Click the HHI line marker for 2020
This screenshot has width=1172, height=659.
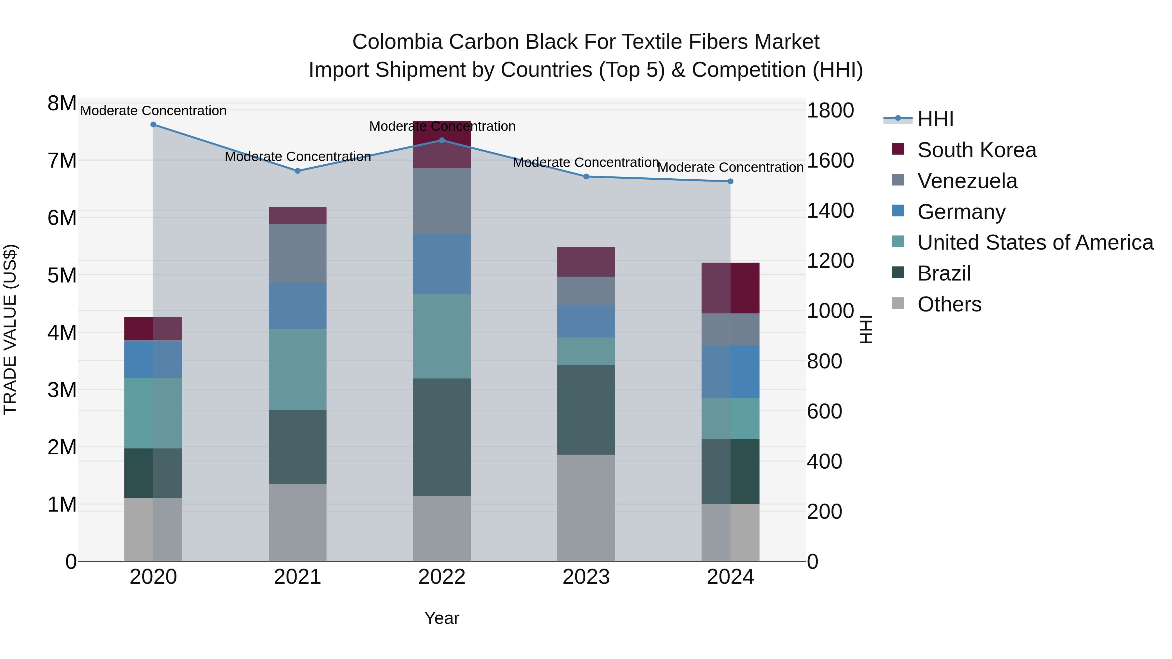point(153,125)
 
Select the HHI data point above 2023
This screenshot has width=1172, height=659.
point(586,176)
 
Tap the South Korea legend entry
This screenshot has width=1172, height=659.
point(976,150)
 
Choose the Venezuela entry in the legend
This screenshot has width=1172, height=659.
point(967,181)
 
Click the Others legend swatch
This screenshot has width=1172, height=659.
point(898,303)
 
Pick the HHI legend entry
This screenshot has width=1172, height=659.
point(935,119)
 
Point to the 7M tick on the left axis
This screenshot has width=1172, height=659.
point(62,160)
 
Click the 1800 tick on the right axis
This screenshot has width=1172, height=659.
point(830,111)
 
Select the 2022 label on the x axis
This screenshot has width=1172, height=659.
point(441,577)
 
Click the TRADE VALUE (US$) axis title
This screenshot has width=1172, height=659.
point(10,329)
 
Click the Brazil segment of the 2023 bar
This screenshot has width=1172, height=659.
point(586,409)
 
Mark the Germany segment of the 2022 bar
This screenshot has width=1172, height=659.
point(441,264)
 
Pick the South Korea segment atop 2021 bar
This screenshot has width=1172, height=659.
point(298,215)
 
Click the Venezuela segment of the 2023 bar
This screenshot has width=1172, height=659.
point(586,290)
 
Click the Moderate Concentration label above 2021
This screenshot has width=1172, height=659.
point(298,157)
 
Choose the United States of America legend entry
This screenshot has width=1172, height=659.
point(1035,242)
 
